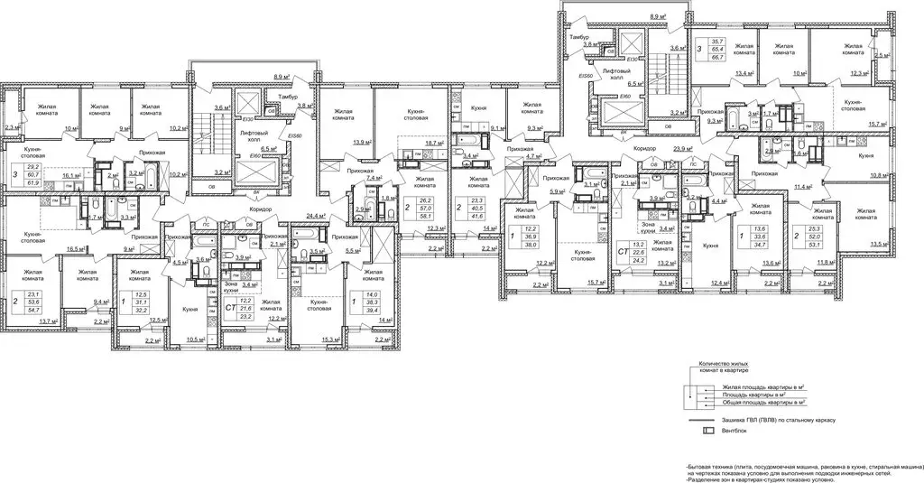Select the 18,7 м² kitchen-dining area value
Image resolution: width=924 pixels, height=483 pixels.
point(437,143)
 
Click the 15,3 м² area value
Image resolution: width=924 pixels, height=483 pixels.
point(329,339)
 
